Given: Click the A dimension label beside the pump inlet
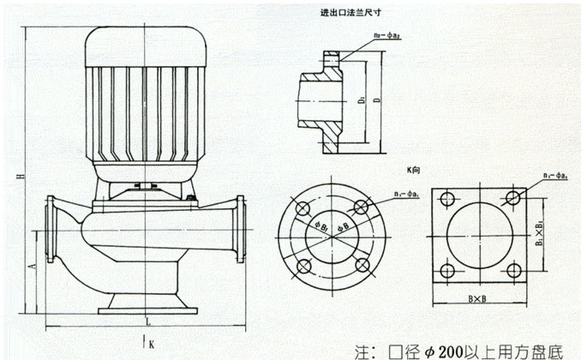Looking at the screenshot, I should tap(33, 267).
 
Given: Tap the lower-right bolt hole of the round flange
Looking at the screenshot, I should tap(360, 264).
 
